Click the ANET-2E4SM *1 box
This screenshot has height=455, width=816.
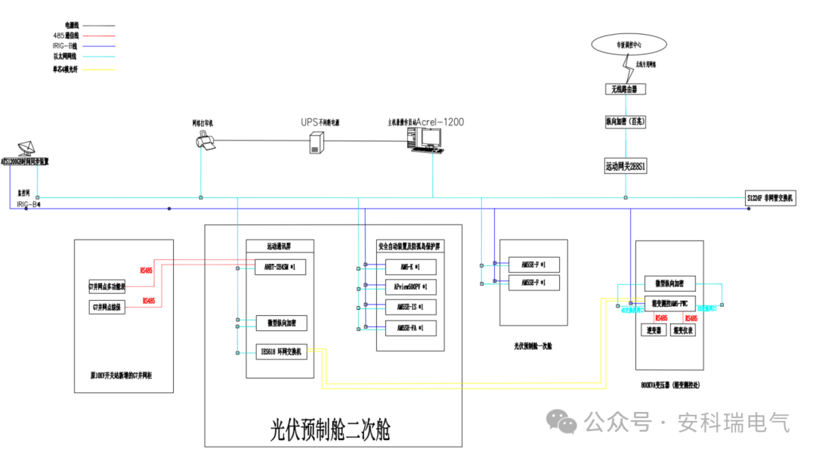coord(280,267)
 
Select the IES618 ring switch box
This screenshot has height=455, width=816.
coord(280,351)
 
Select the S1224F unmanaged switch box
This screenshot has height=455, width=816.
coord(770,198)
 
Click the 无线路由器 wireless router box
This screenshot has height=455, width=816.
coord(625,89)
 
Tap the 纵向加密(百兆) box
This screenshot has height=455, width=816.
coord(625,120)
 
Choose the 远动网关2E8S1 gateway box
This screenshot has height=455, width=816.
coord(626,166)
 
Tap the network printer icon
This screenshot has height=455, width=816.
coord(203,141)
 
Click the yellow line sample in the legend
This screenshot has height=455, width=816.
coord(95,70)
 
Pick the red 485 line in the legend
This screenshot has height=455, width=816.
coord(95,35)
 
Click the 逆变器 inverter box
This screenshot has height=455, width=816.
coord(654,330)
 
